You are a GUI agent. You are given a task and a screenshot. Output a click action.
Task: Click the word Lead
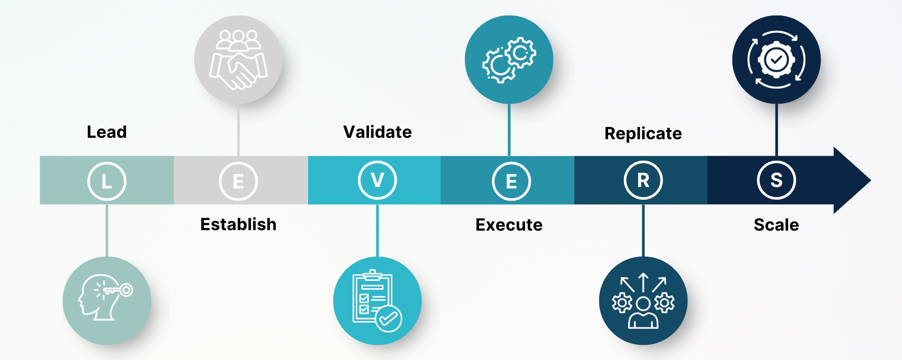click(x=106, y=132)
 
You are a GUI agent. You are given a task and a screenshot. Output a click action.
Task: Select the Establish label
click(x=238, y=225)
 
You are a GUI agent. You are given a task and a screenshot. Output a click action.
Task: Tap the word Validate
click(x=377, y=132)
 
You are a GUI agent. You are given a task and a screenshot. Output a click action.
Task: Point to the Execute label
click(x=509, y=225)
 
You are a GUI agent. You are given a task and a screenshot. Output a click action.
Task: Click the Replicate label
click(x=643, y=134)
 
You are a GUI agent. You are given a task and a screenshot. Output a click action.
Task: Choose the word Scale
click(x=776, y=225)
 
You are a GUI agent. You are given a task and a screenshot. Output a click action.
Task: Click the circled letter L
click(x=107, y=181)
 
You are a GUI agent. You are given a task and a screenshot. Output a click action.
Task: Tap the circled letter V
click(x=377, y=180)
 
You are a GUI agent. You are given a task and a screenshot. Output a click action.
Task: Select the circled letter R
click(x=643, y=180)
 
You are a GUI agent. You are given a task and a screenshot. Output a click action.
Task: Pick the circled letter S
click(x=776, y=180)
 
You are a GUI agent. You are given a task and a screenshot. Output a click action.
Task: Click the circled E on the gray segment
click(x=238, y=181)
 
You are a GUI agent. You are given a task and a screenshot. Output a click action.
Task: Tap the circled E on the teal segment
click(x=511, y=181)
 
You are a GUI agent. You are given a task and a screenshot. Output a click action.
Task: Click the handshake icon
click(x=238, y=60)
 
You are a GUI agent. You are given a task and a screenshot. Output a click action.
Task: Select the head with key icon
click(x=107, y=300)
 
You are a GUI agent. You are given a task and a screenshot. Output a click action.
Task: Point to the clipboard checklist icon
click(x=377, y=300)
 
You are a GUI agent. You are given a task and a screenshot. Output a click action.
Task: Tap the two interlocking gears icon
click(x=509, y=60)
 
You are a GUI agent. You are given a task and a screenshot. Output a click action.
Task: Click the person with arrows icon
click(x=643, y=300)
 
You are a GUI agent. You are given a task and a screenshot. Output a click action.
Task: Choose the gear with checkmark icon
click(x=776, y=60)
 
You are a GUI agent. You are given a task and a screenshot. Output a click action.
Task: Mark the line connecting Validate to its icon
click(x=377, y=230)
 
